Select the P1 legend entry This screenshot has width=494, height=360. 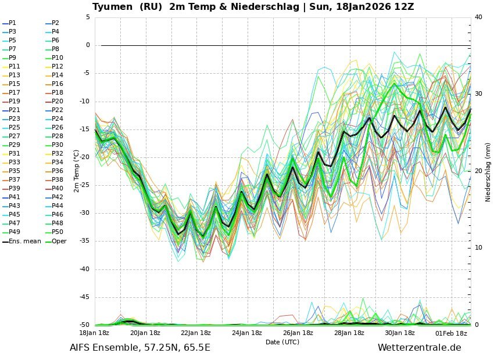[x=12, y=23]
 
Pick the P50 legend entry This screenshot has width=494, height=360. [x=57, y=232]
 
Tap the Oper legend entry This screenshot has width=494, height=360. [x=59, y=241]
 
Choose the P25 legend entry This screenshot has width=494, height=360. [x=14, y=127]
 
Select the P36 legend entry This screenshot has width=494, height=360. [x=57, y=171]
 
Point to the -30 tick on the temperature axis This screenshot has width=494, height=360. [x=84, y=213]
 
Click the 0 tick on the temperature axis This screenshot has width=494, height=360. [x=88, y=45]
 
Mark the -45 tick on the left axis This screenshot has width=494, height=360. [x=84, y=297]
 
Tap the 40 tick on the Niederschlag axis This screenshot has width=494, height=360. [x=478, y=17]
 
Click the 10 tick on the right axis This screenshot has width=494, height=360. [x=478, y=248]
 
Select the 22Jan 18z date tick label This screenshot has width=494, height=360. [x=196, y=333]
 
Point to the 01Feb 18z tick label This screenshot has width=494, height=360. [x=451, y=333]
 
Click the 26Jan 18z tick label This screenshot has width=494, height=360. [x=298, y=333]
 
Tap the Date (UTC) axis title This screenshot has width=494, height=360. [x=282, y=342]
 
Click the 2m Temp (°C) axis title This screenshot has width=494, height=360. [x=76, y=171]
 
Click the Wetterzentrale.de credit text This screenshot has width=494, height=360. [x=419, y=348]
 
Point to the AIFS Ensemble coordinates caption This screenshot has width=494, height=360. [x=140, y=348]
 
